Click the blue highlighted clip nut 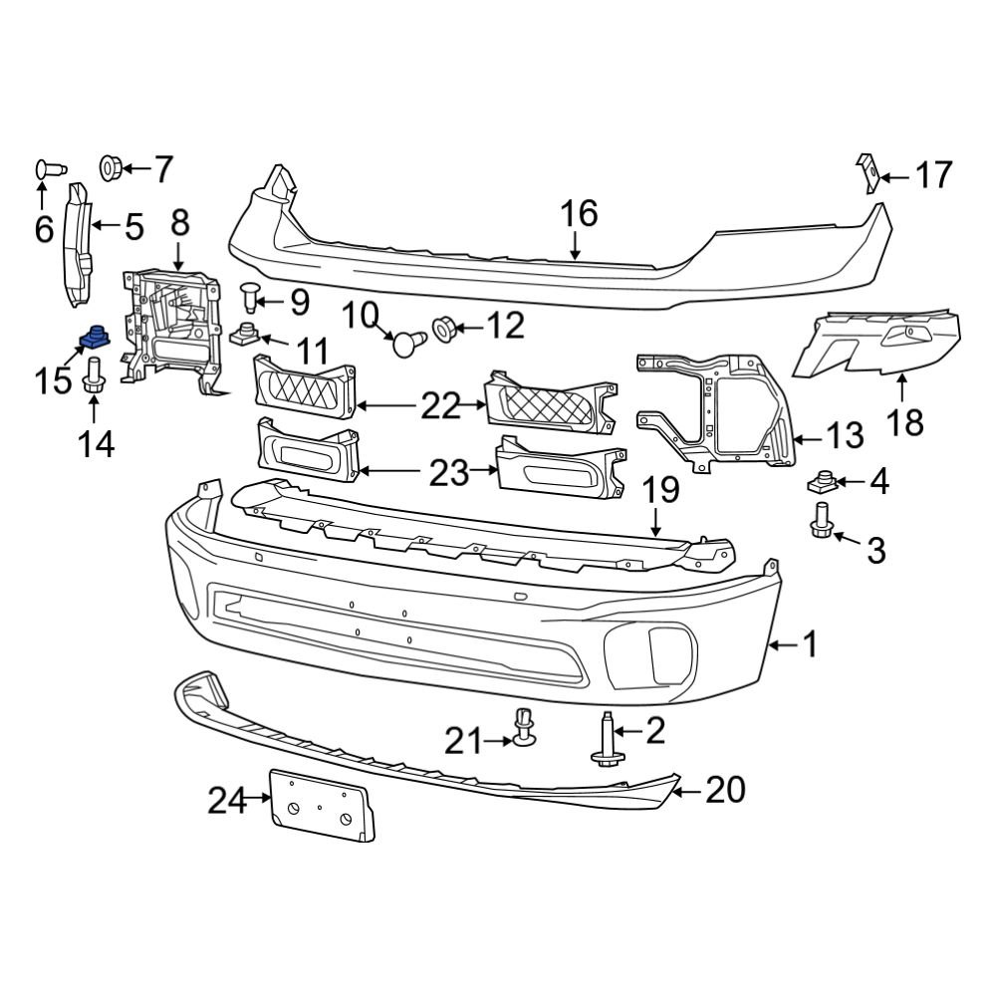tap(94, 341)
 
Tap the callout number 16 tap(578, 213)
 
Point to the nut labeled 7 tap(112, 167)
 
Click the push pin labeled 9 tap(252, 296)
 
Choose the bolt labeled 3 tap(821, 520)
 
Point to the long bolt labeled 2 tap(607, 742)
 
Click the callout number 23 tap(448, 473)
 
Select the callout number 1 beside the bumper tap(810, 644)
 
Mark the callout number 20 tap(725, 790)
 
